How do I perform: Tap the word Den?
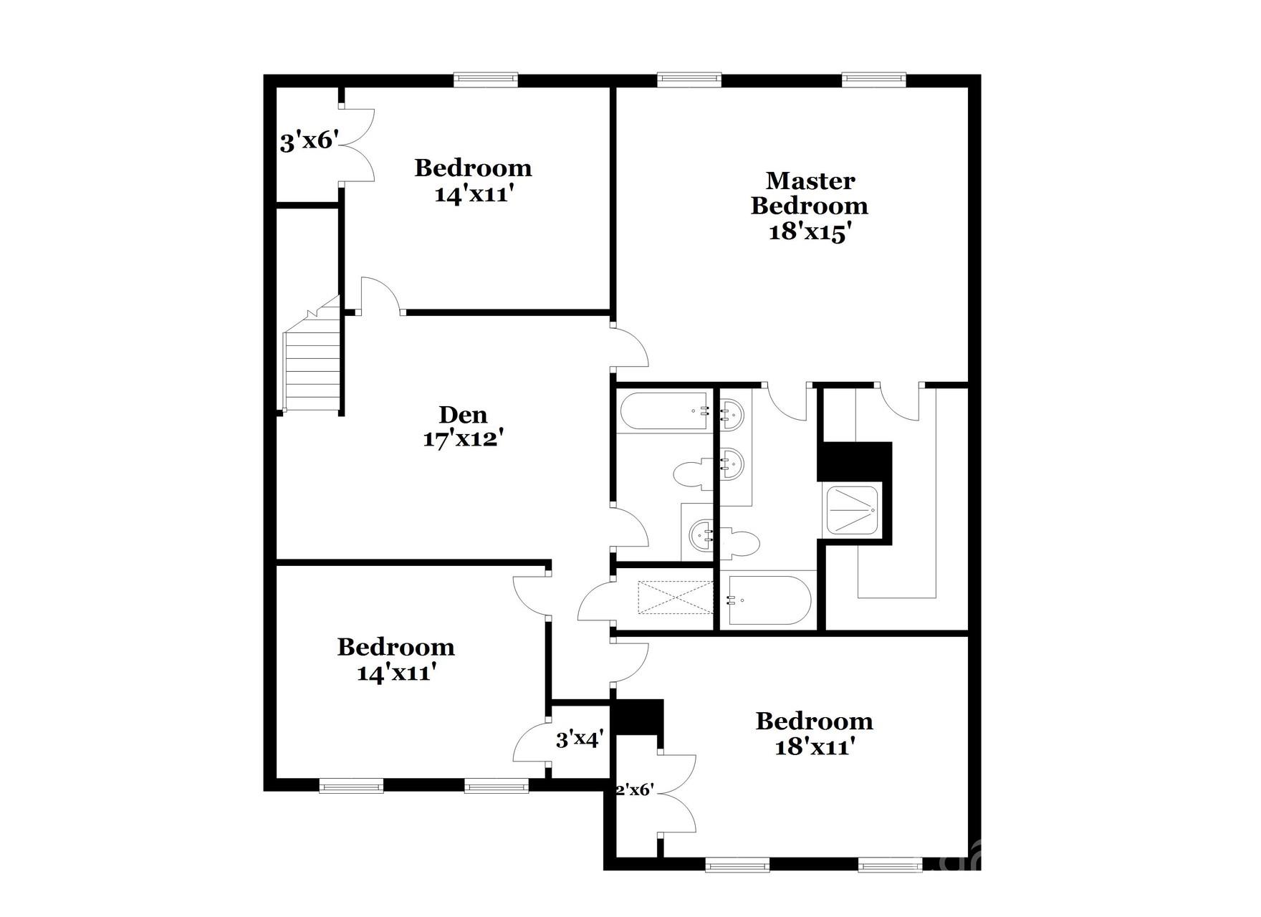pyautogui.click(x=463, y=414)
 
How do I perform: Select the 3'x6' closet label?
pyautogui.click(x=308, y=141)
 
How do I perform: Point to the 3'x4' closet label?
pyautogui.click(x=580, y=739)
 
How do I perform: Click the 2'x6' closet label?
pyautogui.click(x=635, y=789)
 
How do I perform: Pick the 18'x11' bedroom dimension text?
pyautogui.click(x=815, y=747)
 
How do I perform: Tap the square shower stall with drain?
pyautogui.click(x=853, y=510)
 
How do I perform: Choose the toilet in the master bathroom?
pyautogui.click(x=742, y=543)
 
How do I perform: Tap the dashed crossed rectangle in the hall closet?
pyautogui.click(x=676, y=597)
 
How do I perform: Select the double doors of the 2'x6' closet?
pyautogui.click(x=676, y=793)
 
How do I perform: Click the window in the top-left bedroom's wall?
pyautogui.click(x=486, y=80)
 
